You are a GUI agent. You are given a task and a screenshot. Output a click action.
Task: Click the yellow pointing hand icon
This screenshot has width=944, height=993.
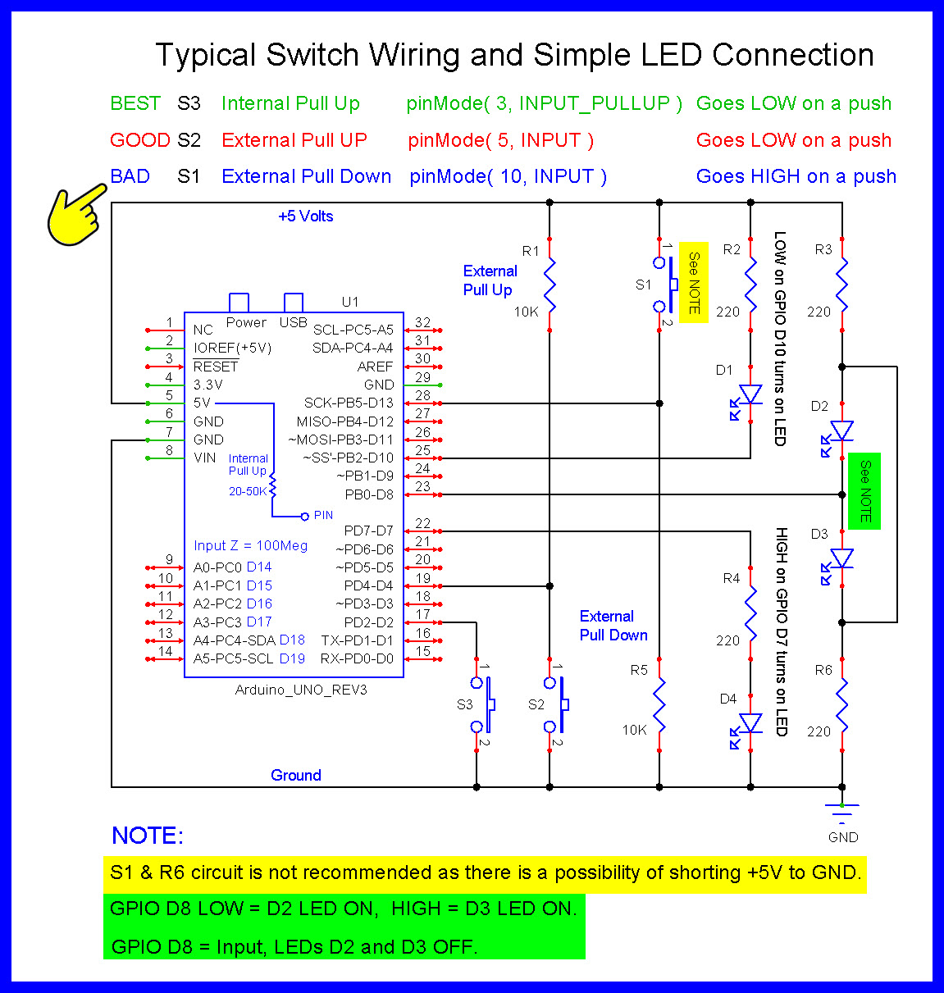tap(75, 216)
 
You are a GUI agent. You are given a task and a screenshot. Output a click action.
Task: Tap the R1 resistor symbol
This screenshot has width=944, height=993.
tap(550, 285)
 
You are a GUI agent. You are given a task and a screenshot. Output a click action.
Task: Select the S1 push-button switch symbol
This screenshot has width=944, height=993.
tap(665, 285)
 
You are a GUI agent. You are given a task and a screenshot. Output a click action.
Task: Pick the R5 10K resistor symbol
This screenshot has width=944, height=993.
tap(659, 705)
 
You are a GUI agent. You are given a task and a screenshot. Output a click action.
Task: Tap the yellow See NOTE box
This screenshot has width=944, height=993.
tap(693, 282)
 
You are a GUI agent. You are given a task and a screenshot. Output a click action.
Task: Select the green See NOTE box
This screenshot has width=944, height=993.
tap(864, 491)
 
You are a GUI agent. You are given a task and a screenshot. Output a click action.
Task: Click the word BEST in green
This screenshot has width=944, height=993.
tap(135, 103)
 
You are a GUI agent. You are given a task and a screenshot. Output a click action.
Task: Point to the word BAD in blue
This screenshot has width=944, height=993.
tap(130, 176)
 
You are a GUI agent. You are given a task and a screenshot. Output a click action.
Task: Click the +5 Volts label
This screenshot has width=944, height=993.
tap(306, 216)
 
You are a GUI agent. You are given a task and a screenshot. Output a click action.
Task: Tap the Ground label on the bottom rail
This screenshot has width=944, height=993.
tap(295, 776)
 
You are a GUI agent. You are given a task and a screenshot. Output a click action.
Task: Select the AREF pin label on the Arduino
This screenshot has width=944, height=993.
tap(375, 367)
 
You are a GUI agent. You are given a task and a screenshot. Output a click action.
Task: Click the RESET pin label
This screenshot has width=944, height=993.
tap(215, 367)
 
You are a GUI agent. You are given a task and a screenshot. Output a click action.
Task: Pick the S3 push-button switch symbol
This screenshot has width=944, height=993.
tap(482, 705)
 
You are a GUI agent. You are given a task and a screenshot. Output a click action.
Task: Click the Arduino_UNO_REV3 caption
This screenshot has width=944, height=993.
tap(301, 690)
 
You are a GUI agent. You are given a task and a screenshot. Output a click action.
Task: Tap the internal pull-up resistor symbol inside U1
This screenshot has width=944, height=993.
tap(273, 485)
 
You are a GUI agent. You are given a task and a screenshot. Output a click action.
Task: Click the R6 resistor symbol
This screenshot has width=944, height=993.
tap(842, 705)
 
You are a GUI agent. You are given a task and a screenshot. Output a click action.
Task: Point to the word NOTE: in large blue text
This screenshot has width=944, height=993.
tap(148, 836)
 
